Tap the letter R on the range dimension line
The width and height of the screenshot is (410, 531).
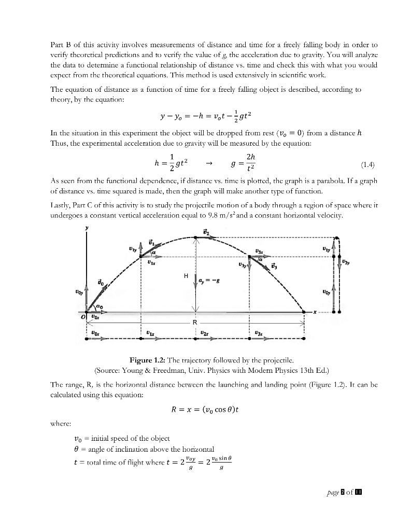tap(195, 323)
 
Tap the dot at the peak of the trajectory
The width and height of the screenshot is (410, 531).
tap(195, 237)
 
